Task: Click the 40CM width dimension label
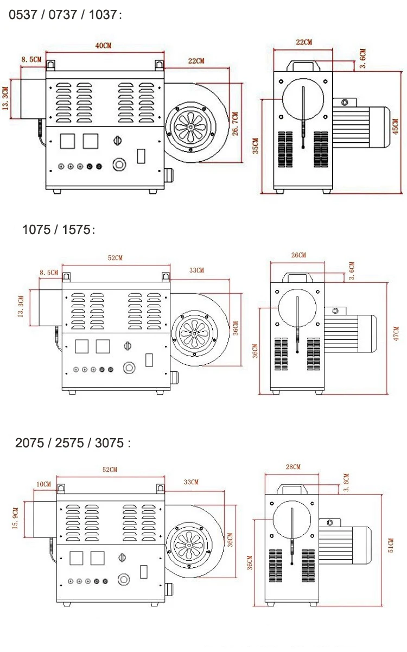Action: [x=103, y=46]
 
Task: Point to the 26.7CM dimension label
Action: [x=234, y=125]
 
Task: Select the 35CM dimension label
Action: [x=255, y=146]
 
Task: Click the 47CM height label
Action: [x=396, y=333]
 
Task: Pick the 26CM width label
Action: [x=298, y=255]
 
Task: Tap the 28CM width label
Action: [x=292, y=467]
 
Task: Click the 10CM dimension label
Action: [x=43, y=484]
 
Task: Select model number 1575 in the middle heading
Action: [x=76, y=230]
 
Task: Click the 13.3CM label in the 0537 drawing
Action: [x=5, y=99]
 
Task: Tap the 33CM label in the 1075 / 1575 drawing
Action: [x=196, y=270]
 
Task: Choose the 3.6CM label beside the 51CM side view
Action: [x=346, y=483]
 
